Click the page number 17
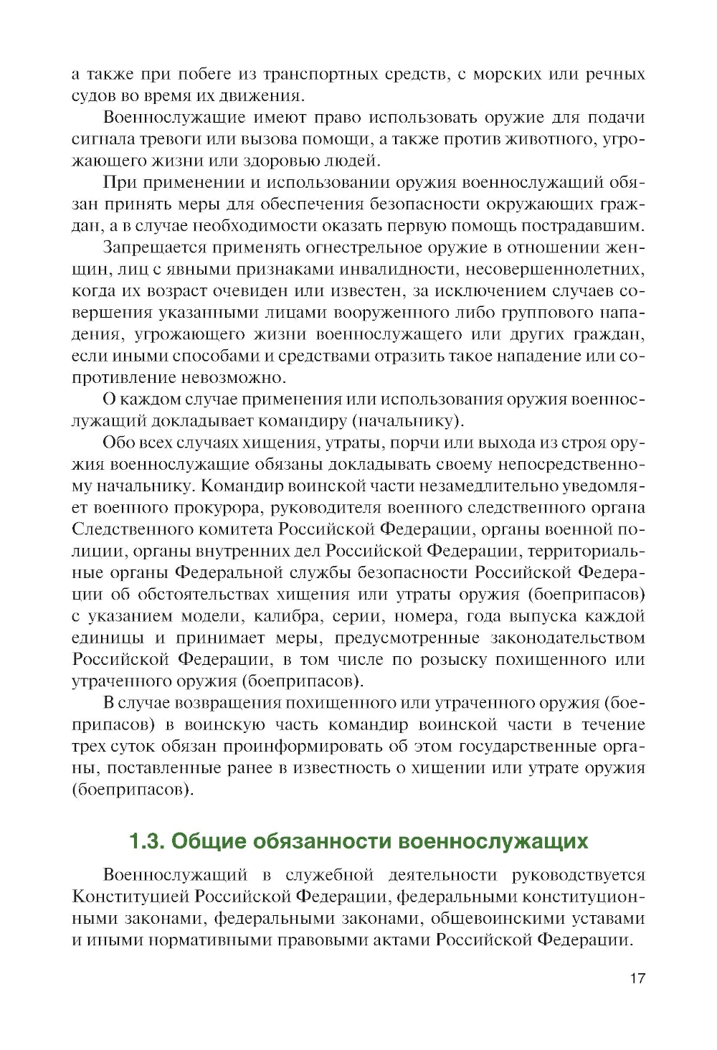[637, 978]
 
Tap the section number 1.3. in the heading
[147, 841]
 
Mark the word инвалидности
[399, 269]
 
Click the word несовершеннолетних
[555, 269]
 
